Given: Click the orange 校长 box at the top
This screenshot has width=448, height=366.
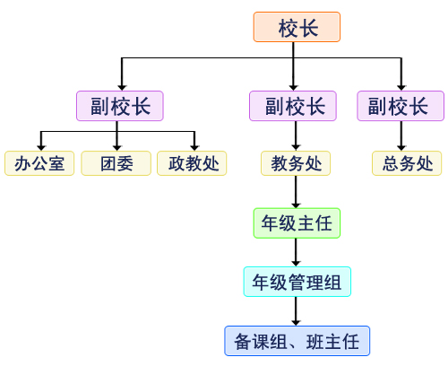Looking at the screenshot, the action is (x=297, y=27).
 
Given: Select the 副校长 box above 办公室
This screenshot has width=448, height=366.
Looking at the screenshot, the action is (x=120, y=106).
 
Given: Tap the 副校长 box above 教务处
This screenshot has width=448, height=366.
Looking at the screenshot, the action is (x=293, y=106).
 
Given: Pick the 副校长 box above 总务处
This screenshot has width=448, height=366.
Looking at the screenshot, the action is (x=401, y=106).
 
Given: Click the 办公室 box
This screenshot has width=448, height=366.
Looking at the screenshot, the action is (x=39, y=163).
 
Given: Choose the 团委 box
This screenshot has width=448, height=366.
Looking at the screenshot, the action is (x=116, y=163).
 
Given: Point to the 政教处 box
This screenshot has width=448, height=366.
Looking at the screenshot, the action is (x=192, y=163).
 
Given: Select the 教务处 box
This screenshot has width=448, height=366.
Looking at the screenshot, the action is (x=296, y=163).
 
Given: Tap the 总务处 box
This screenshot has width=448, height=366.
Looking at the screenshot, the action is (x=407, y=163).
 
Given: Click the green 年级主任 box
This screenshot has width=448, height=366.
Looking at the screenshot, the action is (x=297, y=223).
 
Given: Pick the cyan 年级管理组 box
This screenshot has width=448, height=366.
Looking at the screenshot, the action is (x=297, y=282).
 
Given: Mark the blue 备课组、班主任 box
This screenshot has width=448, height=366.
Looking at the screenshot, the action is (x=297, y=341).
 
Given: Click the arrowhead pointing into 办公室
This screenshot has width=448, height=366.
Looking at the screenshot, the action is (x=41, y=148).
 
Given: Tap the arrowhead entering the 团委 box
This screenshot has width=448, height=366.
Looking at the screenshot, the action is (x=117, y=148).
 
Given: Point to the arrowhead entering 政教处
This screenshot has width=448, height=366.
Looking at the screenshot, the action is (x=194, y=148).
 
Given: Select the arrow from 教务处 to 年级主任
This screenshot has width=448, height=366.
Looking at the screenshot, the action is (x=296, y=192).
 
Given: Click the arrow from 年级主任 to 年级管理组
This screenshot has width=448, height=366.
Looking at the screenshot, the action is (x=296, y=252).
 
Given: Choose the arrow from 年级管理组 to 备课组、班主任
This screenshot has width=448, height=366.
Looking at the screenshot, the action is (x=296, y=311).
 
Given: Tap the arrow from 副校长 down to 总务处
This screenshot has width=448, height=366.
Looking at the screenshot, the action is (x=401, y=136).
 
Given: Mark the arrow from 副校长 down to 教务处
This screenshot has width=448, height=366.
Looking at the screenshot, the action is (x=296, y=136).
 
